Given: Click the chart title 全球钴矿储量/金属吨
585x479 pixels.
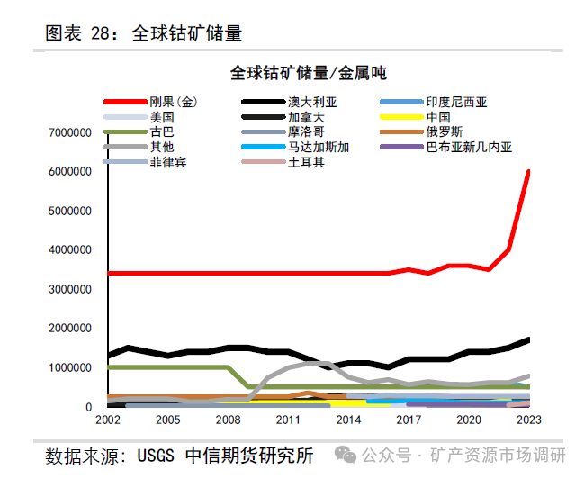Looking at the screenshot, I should tap(308, 73).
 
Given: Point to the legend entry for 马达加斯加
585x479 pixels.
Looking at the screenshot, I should tap(319, 147).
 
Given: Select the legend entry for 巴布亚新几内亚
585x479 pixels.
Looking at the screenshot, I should tap(469, 147).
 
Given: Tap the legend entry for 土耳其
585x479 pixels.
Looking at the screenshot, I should tap(306, 162).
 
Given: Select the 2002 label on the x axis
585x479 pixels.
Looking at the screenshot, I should tap(107, 420).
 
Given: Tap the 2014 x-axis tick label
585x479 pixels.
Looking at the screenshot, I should tap(347, 420).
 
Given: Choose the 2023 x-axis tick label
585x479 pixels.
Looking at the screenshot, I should tap(528, 420).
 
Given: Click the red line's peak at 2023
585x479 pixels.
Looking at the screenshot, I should tap(528, 171).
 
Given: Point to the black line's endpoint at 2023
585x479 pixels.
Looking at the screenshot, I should tap(528, 339).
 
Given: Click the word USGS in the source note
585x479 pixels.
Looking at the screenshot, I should tap(158, 456).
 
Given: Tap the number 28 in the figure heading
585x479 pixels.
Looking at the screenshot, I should tap(101, 33).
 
